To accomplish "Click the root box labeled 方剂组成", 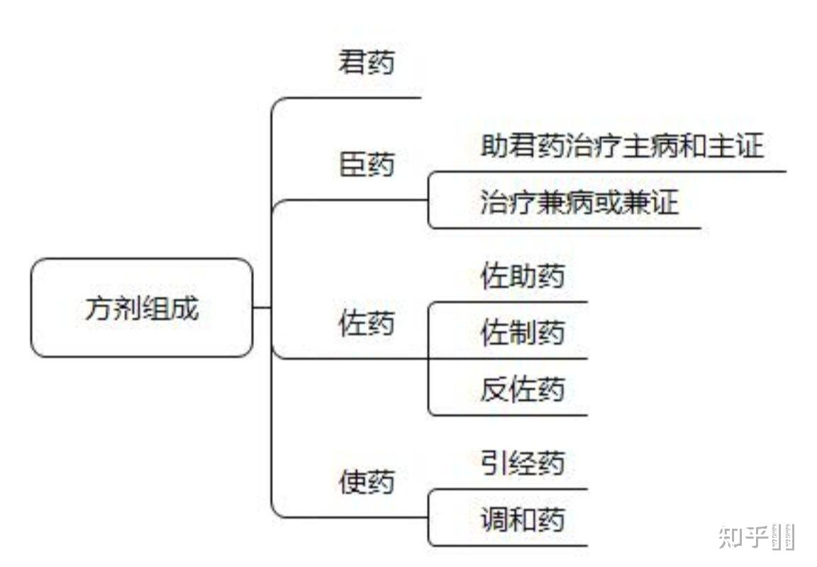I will (x=142, y=308).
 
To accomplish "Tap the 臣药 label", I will (x=366, y=166).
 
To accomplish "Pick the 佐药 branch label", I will (x=366, y=325).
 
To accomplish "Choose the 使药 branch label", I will (x=366, y=484).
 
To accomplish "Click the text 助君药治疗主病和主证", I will (x=621, y=147).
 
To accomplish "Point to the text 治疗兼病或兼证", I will (x=579, y=203).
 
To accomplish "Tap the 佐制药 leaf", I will (x=522, y=332).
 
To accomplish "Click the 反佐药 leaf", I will (x=522, y=390).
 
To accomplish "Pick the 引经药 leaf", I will (x=522, y=464).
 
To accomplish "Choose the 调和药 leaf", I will (x=522, y=520).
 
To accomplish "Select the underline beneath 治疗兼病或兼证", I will (x=567, y=228).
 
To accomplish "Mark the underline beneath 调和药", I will (x=511, y=546).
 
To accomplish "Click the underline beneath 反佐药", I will (x=511, y=415).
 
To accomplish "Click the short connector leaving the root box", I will (x=262, y=308).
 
